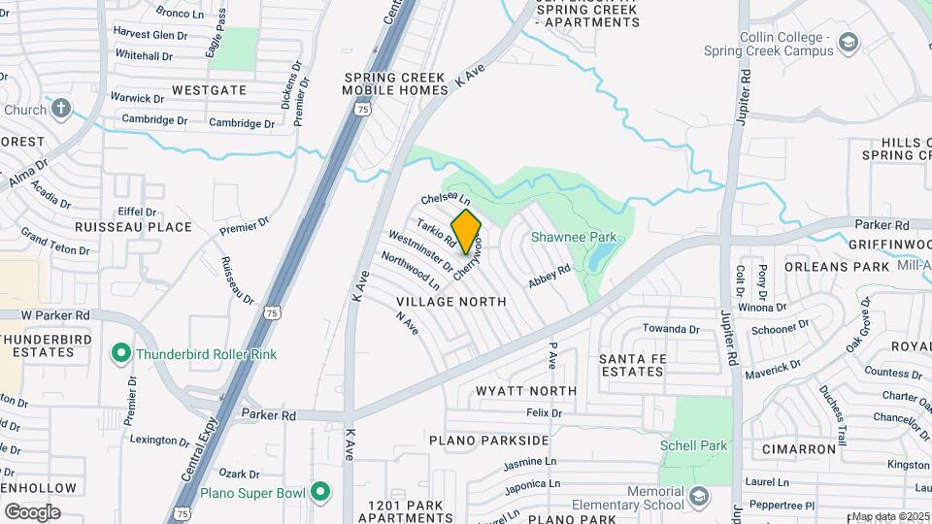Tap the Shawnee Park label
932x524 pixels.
[574, 237]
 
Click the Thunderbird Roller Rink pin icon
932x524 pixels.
[121, 354]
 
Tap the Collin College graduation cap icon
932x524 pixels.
[849, 42]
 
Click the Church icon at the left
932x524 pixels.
[61, 109]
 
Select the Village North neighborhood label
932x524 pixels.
[451, 302]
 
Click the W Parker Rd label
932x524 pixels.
[55, 315]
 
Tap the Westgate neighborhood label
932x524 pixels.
[209, 90]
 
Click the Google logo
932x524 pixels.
[32, 512]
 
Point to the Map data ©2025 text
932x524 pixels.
[890, 516]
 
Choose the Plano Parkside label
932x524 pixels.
[483, 441]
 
